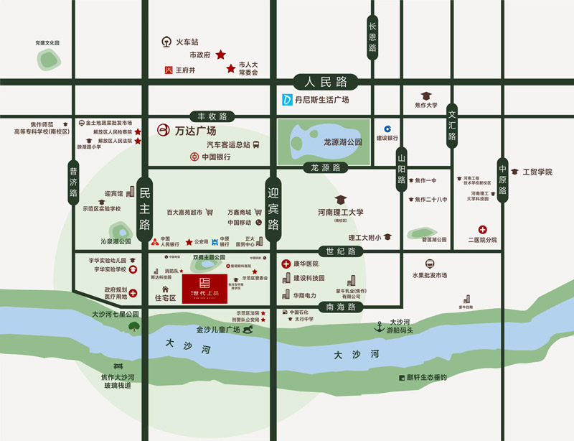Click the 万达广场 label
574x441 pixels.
tap(195, 131)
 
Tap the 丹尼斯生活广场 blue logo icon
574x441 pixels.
tap(286, 100)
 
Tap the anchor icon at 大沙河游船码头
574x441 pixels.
tap(380, 327)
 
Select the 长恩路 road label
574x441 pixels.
tap(372, 37)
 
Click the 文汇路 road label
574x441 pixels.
tap(452, 126)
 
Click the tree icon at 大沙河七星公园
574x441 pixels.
tap(134, 327)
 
